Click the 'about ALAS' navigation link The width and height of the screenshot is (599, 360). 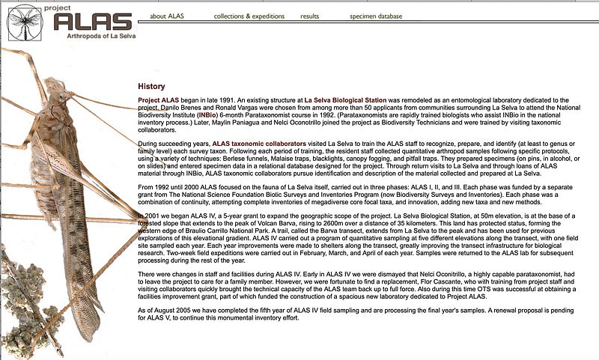click(x=167, y=16)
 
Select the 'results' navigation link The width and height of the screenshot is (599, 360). click(x=309, y=16)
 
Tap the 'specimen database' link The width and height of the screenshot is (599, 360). click(x=380, y=16)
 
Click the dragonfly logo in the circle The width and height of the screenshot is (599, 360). click(x=25, y=22)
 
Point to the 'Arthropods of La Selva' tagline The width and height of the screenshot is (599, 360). click(x=93, y=36)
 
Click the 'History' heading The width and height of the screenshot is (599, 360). click(x=152, y=87)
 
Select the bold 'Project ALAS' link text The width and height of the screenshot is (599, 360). click(x=159, y=100)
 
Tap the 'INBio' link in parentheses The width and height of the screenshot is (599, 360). click(x=210, y=115)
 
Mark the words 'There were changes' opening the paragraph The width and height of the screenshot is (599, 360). click(x=168, y=275)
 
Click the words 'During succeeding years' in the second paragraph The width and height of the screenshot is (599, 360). click(x=174, y=143)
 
